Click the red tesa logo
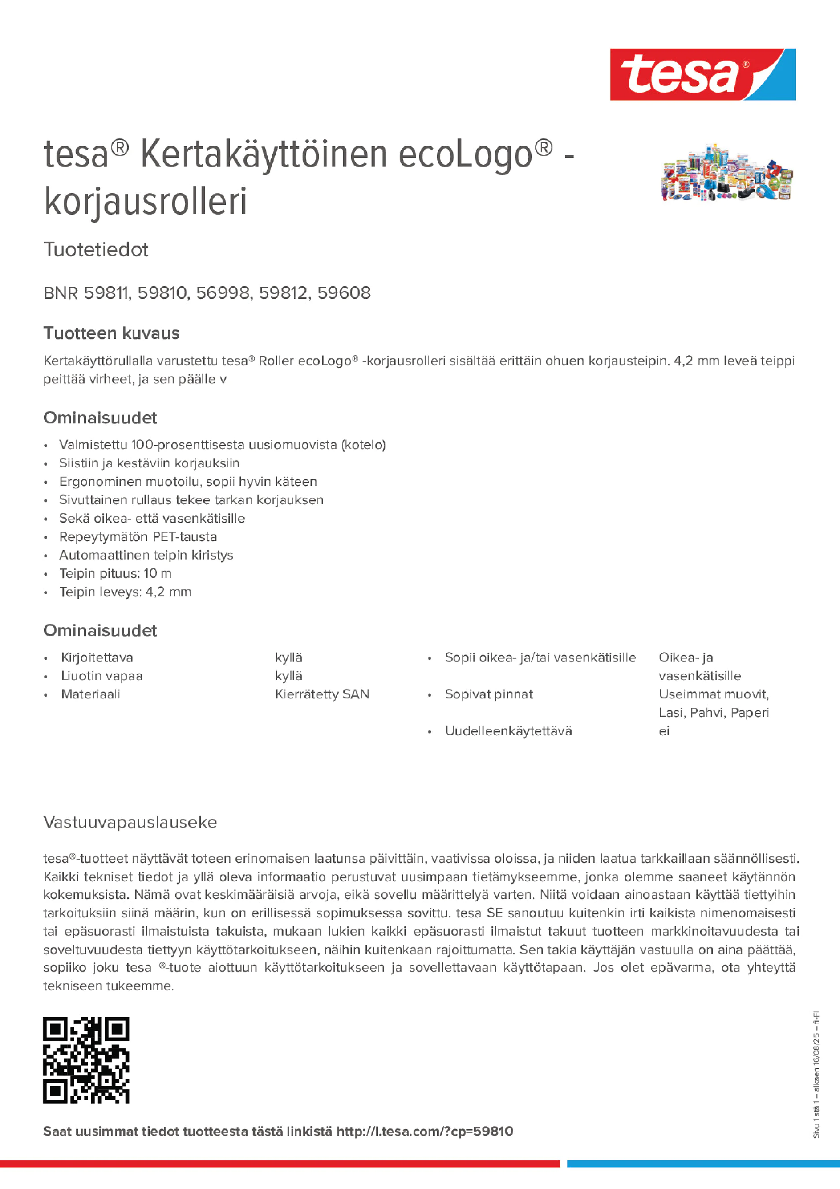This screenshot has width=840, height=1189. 702,75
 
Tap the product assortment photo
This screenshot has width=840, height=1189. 726,172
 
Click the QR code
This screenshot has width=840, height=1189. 86,1060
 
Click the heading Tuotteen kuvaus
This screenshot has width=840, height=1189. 111,333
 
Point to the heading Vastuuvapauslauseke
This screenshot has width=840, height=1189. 130,822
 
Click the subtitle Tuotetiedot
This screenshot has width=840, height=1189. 96,250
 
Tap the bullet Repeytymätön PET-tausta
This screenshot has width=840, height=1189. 138,536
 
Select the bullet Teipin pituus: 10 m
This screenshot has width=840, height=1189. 115,573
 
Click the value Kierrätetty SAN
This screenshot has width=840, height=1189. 322,694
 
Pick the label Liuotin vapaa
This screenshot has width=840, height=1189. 102,676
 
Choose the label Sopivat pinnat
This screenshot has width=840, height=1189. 488,694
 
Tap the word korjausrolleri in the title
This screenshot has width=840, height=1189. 146,202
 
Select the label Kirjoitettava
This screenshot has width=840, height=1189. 97,657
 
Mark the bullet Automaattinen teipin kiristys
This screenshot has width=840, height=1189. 146,555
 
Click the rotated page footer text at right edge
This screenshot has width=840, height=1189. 816,1075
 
